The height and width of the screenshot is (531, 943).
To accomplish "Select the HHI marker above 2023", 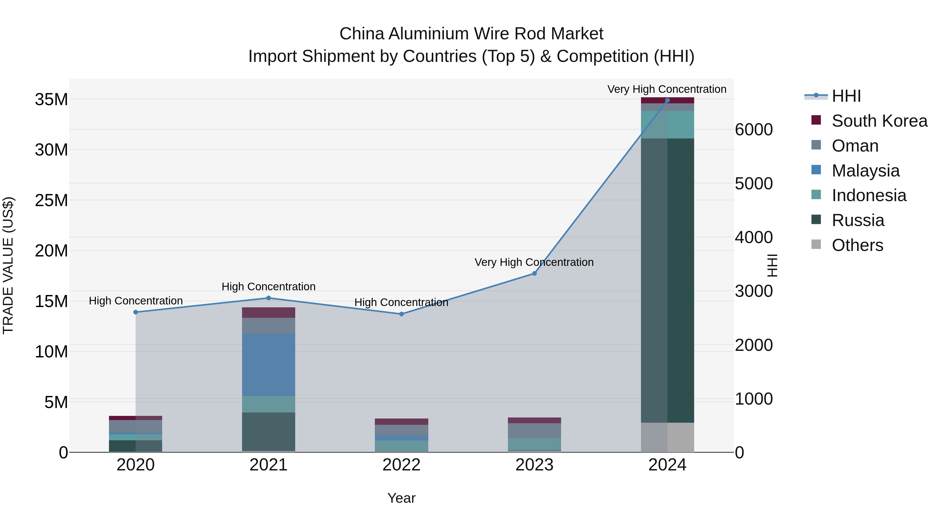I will click(x=534, y=273).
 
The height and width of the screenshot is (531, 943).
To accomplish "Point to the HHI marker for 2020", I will click(x=135, y=312).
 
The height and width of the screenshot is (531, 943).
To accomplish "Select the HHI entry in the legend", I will click(x=846, y=96).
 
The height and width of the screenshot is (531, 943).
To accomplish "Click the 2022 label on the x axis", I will click(x=401, y=465).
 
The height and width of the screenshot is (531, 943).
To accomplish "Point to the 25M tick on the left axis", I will click(x=51, y=200).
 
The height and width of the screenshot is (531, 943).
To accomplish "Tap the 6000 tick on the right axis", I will click(x=753, y=130).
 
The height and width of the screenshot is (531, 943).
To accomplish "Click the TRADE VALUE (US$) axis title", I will click(x=8, y=265).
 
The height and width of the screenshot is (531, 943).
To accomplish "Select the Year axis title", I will click(x=401, y=498).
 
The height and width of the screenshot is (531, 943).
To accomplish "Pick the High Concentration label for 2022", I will click(x=401, y=302).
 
